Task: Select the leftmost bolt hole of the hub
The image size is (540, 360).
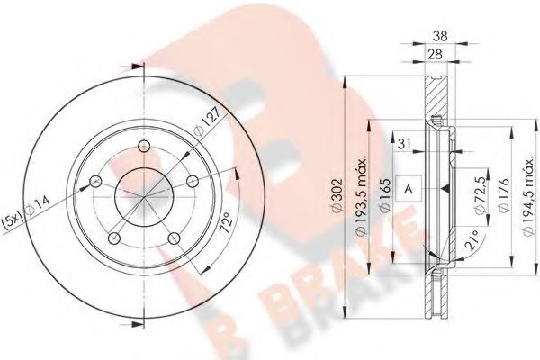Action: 95,183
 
